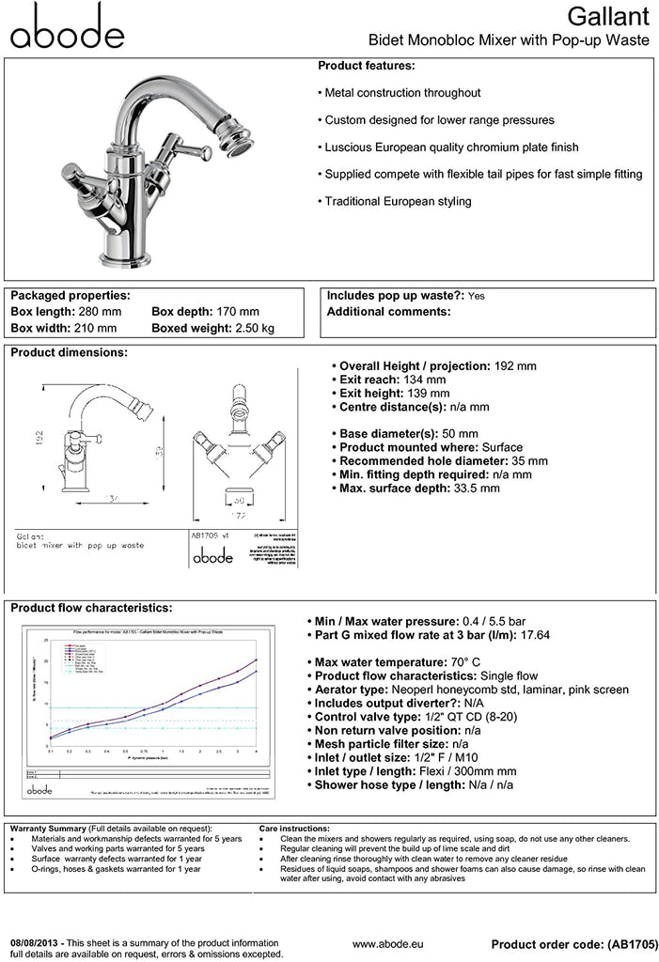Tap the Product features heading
tap(366, 67)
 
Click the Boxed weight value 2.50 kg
tap(255, 328)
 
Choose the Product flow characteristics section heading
tap(90, 608)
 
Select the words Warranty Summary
tap(47, 829)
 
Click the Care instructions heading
tap(293, 829)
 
